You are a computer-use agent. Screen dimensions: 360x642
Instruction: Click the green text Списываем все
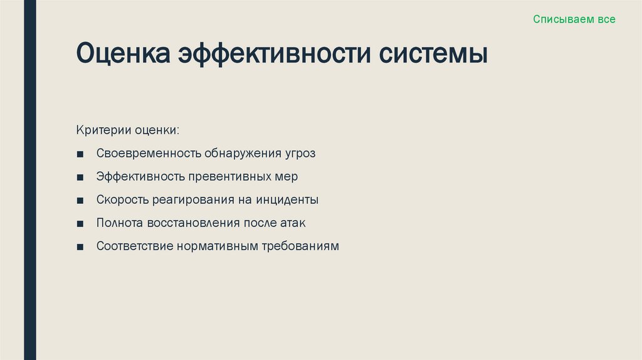(x=574, y=19)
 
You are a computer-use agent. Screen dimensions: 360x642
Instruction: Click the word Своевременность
(x=148, y=154)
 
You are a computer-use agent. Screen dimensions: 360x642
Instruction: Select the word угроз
(x=299, y=154)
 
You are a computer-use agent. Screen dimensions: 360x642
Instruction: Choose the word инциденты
(x=288, y=200)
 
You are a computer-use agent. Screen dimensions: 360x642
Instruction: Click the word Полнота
(x=120, y=223)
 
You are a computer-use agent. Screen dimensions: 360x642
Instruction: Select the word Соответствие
(x=134, y=246)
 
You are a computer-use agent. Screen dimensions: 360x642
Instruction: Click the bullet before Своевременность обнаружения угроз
(x=80, y=154)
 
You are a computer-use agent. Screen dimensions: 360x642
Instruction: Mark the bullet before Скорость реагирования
(x=80, y=201)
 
